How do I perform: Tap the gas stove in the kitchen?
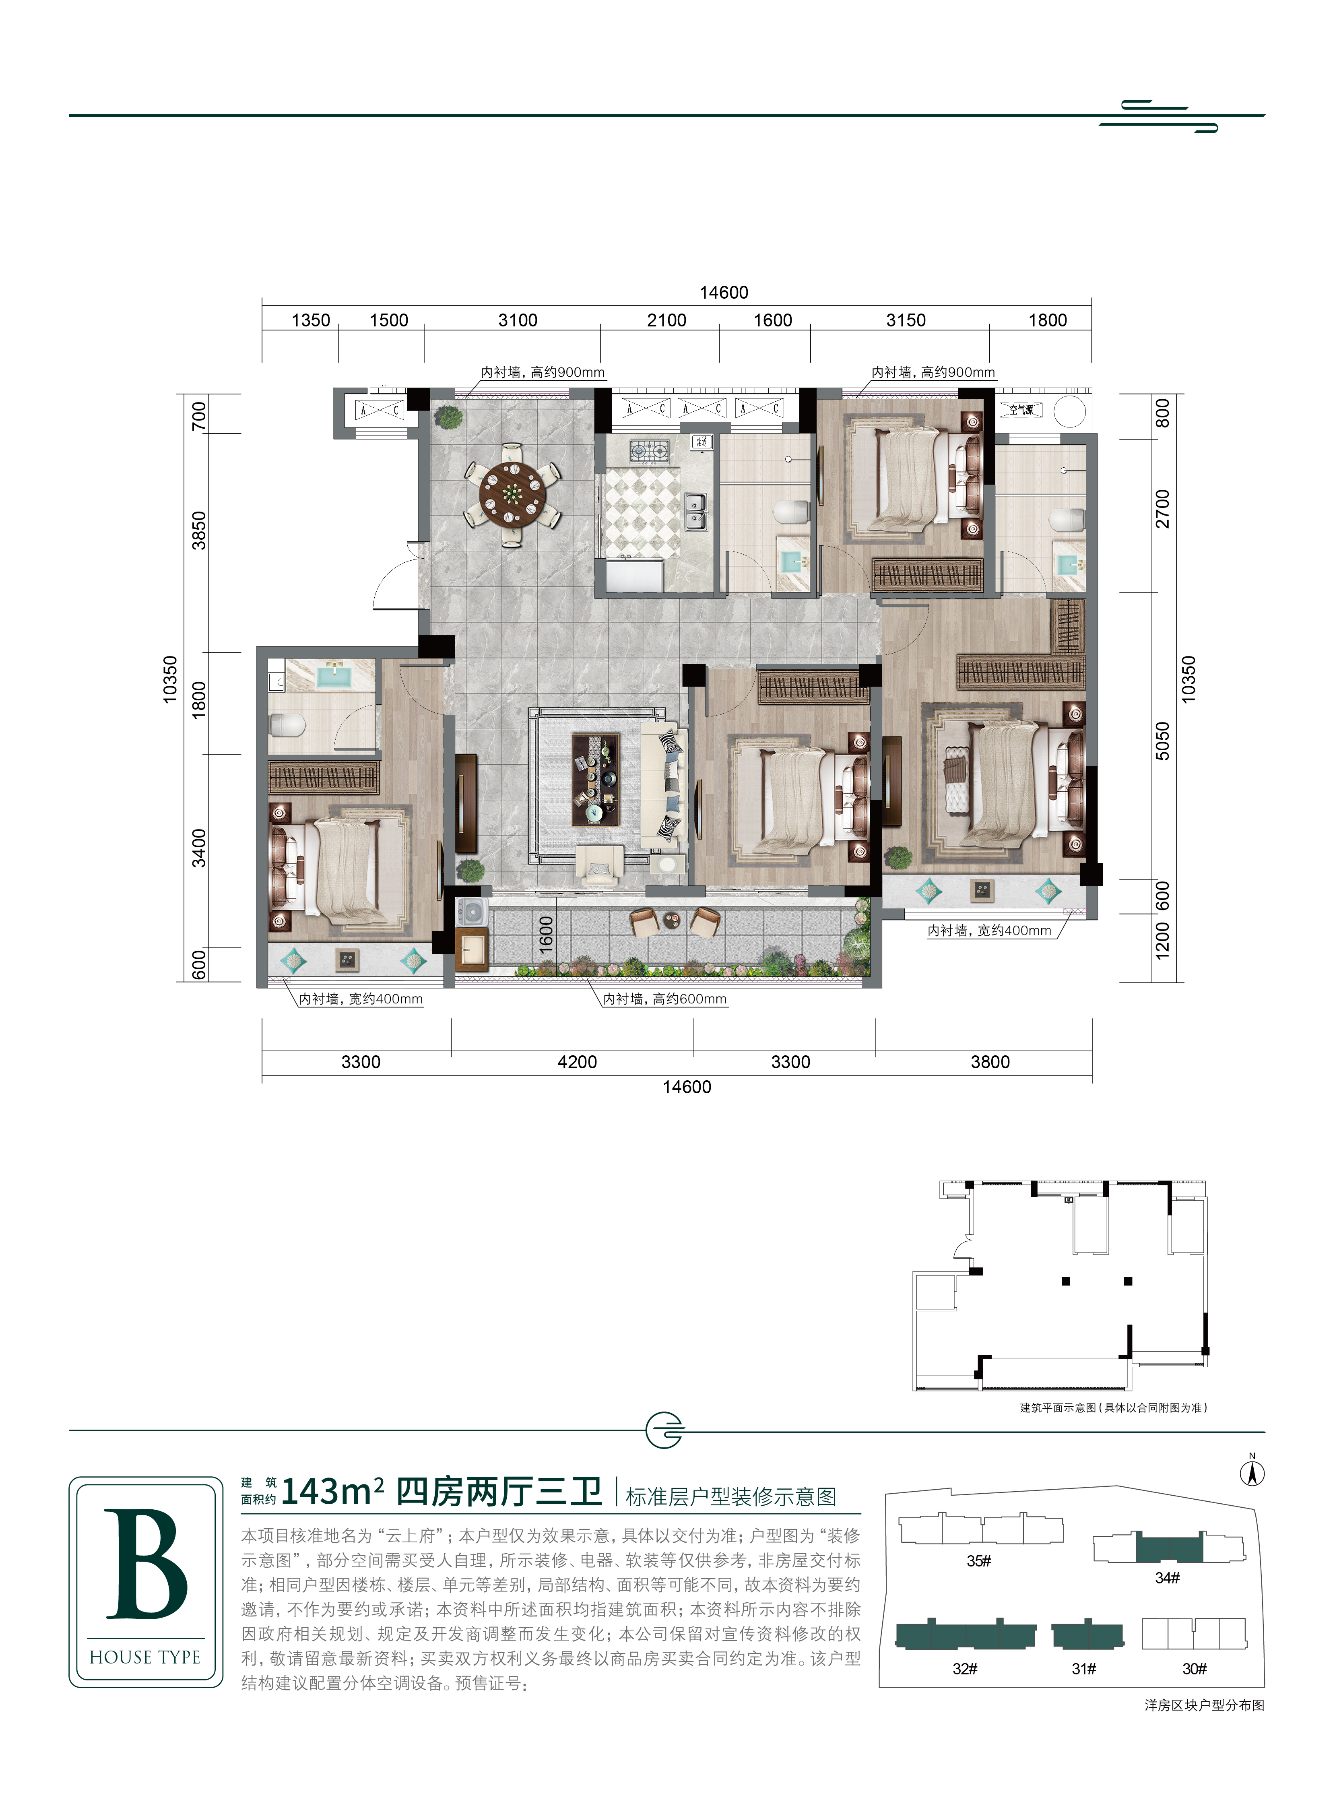coord(650,450)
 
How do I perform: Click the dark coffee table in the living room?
coord(596,779)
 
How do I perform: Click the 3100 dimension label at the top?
coord(518,320)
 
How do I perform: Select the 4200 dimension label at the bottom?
coord(577,1062)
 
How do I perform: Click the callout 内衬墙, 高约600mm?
coord(665,999)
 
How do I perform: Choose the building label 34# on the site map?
coord(1167,1577)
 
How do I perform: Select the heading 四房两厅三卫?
coord(499,1492)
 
